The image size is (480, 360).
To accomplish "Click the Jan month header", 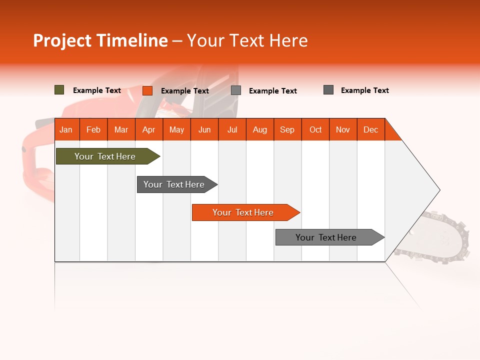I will point(66,129).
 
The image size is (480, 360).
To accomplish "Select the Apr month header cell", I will point(149,129).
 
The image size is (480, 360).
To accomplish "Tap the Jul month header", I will point(232,129).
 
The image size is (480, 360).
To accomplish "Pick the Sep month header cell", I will point(287,129).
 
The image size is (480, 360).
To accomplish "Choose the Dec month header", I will point(370,129).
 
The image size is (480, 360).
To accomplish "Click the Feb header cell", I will point(93,129).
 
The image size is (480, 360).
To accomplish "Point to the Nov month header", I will point(343,129).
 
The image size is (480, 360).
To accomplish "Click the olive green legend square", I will point(59,90).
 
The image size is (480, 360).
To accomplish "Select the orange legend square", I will point(147,90).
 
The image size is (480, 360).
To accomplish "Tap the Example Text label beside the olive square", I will point(97,90).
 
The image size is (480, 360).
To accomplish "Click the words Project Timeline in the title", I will point(100,40).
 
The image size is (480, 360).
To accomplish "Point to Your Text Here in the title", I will point(247,40).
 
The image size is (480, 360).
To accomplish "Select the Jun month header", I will point(204,129).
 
